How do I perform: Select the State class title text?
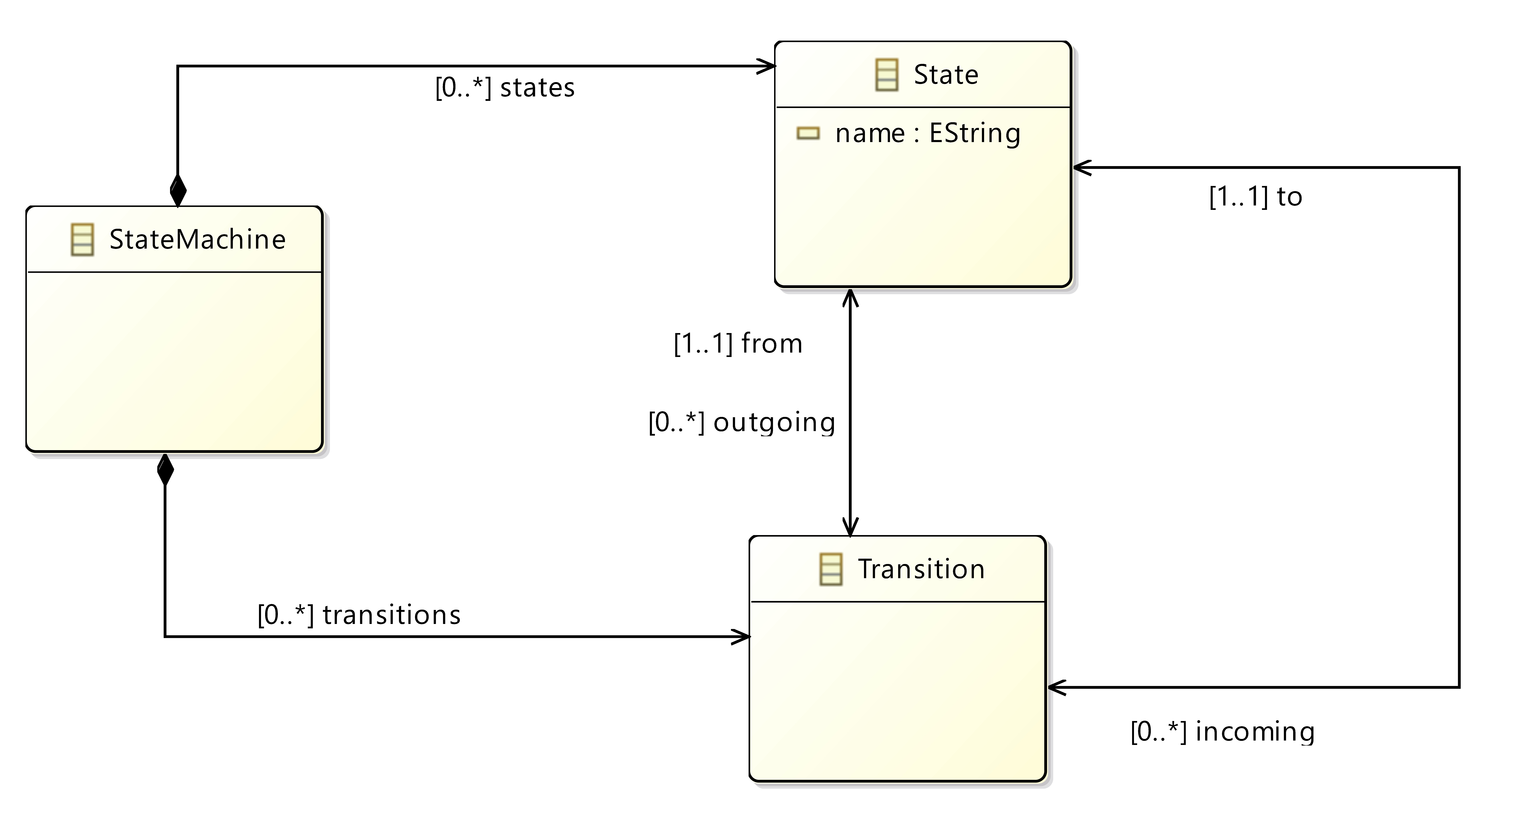(946, 74)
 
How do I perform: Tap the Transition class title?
(921, 569)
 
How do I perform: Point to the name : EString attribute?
(928, 133)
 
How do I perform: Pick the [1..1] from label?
(738, 343)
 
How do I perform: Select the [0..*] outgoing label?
(742, 422)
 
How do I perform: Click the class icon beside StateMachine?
(82, 239)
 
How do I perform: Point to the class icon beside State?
(887, 75)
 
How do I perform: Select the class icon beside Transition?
(831, 569)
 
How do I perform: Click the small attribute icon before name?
(808, 133)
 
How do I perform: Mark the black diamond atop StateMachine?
(178, 191)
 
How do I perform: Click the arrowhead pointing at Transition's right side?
(1058, 687)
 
